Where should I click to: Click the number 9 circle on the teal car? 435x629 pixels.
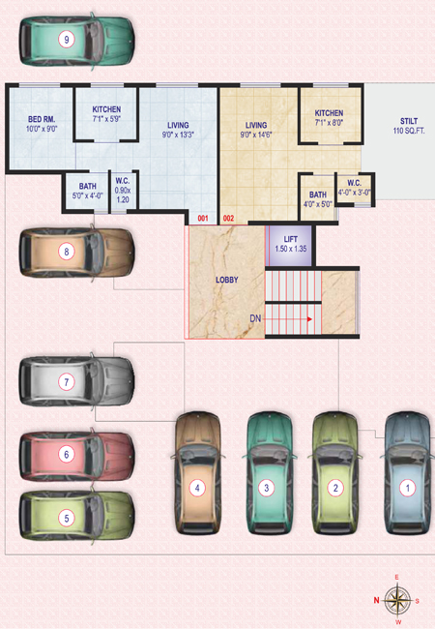(67, 40)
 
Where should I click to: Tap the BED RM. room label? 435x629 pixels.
(42, 119)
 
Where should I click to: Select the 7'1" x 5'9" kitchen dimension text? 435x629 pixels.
(106, 119)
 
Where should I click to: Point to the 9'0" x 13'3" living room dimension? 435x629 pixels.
(178, 135)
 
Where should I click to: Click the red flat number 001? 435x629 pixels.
(203, 219)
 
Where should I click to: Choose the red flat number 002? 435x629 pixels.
(229, 219)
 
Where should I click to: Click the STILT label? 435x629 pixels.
(409, 121)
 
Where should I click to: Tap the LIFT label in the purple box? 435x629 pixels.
(290, 239)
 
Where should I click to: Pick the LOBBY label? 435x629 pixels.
(227, 280)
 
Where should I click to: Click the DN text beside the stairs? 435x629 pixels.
(255, 318)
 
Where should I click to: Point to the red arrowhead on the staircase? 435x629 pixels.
(309, 319)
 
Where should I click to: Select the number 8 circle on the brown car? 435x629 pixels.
(67, 252)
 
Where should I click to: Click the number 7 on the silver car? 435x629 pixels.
(67, 382)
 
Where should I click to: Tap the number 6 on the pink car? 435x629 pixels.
(67, 455)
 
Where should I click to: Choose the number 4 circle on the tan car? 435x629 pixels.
(197, 488)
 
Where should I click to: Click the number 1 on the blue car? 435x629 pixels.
(408, 488)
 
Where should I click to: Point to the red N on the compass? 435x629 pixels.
(377, 600)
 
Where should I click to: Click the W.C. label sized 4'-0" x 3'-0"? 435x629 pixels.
(354, 183)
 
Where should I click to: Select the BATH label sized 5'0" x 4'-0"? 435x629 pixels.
(87, 186)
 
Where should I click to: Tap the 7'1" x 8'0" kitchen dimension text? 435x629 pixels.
(329, 123)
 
